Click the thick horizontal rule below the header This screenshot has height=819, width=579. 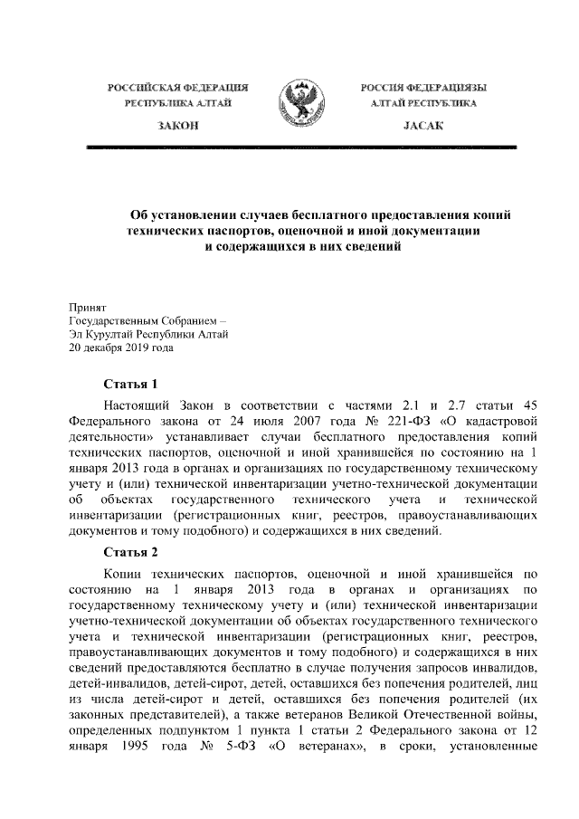coord(299,147)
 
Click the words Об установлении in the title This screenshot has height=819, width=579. coord(183,216)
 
